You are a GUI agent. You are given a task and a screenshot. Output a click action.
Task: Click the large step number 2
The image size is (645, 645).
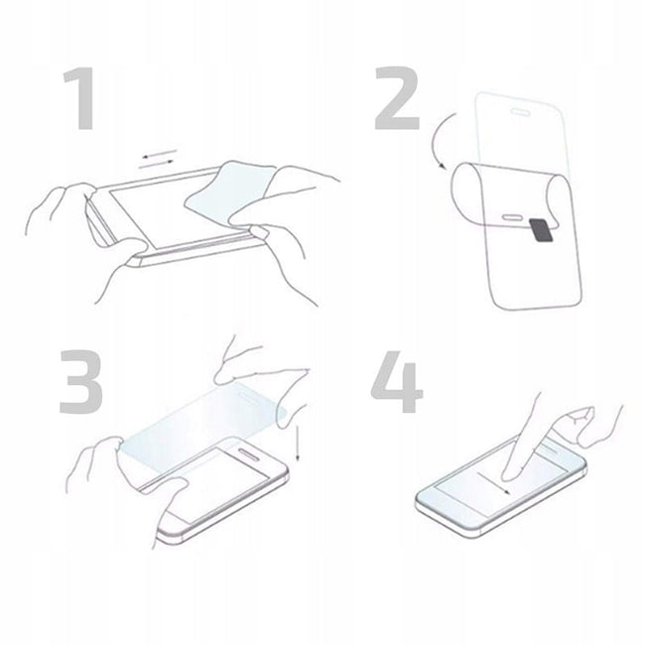pyautogui.click(x=397, y=98)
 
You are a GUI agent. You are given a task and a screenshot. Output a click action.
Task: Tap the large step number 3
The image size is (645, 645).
pyautogui.click(x=81, y=382)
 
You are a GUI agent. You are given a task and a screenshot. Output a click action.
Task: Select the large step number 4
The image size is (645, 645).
pyautogui.click(x=397, y=382)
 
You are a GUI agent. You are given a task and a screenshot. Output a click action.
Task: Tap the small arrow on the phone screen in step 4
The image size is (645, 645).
pyautogui.click(x=493, y=483)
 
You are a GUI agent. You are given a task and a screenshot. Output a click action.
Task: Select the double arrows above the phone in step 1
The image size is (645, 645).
pyautogui.click(x=159, y=159)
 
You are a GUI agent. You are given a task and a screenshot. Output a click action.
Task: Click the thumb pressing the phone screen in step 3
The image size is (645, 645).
pyautogui.click(x=173, y=493)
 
